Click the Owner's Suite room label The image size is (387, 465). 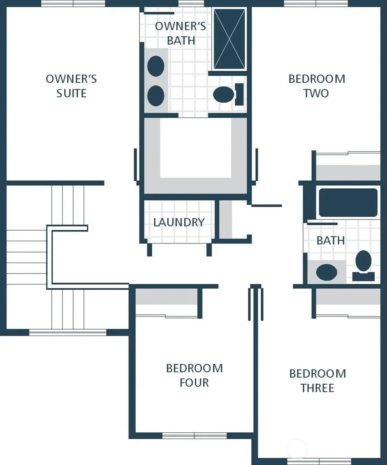tap(71, 86)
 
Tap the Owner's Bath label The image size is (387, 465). tap(180, 33)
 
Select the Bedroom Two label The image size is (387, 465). tap(317, 86)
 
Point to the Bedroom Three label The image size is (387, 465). tap(318, 381)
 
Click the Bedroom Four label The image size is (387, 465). tap(194, 375)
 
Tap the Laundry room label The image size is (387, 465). tap(179, 222)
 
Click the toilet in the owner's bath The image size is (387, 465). tap(228, 94)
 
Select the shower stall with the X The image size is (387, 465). tap(229, 40)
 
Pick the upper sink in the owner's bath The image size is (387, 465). tap(156, 66)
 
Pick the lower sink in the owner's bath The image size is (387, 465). tap(156, 96)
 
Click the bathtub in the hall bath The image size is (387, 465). tap(348, 203)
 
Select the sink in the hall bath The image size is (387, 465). tap(327, 272)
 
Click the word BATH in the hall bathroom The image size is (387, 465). tap(331, 241)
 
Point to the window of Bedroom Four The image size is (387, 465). tap(194, 435)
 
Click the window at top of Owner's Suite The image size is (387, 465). tap(73, 3)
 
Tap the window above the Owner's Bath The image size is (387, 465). tap(191, 3)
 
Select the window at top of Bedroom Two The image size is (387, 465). tap(316, 3)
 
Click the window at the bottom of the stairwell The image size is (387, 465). tap(68, 332)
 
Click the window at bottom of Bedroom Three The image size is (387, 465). tap(319, 461)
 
